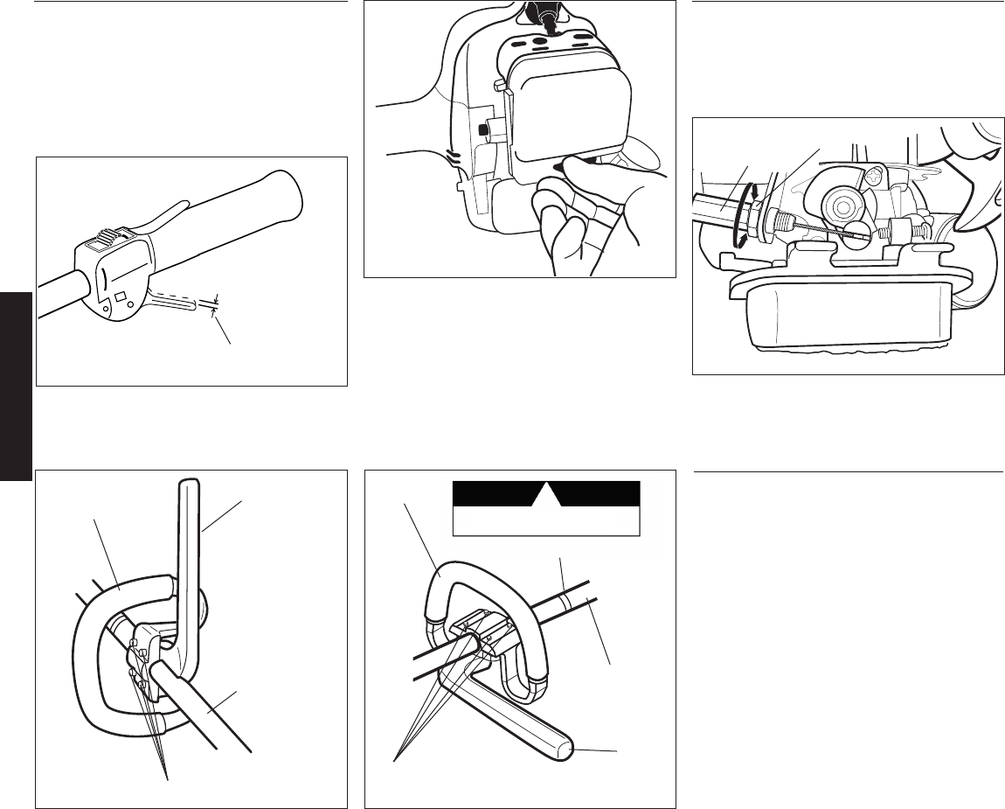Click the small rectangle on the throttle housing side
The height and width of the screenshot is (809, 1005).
(121, 286)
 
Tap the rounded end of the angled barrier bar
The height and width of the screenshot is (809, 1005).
(566, 749)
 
